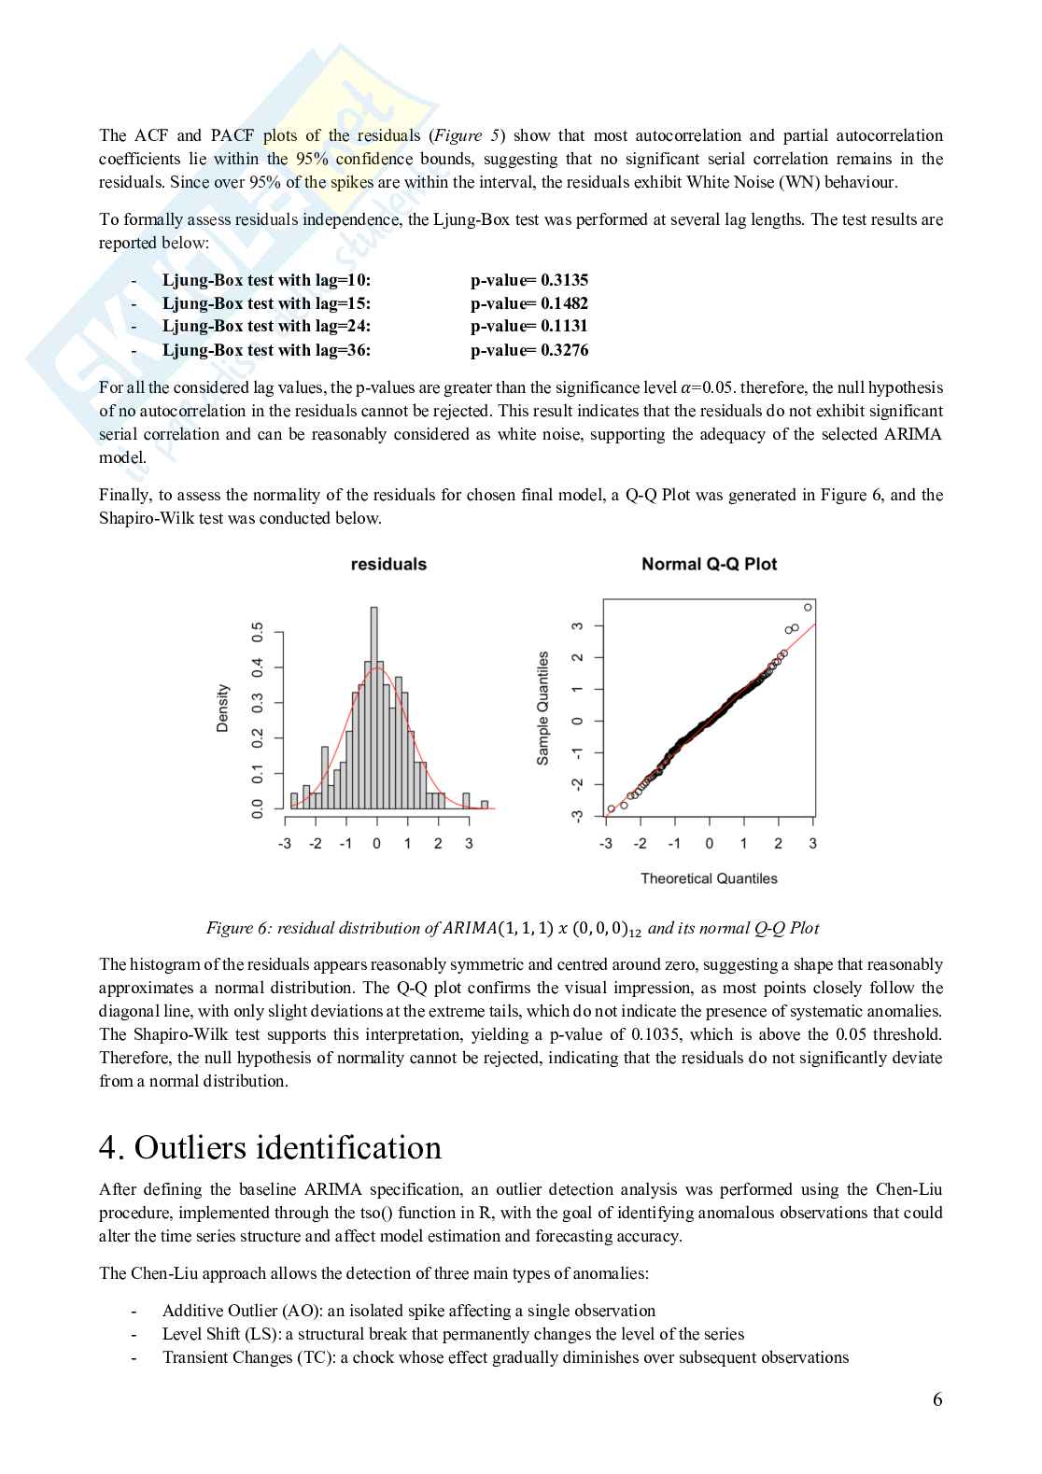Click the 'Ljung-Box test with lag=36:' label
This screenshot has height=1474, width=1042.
(x=266, y=350)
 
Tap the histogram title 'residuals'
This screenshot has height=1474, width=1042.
(x=388, y=564)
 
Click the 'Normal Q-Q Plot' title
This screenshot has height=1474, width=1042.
(x=709, y=564)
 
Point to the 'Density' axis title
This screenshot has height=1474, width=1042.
(x=222, y=708)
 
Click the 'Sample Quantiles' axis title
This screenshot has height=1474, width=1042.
(x=542, y=709)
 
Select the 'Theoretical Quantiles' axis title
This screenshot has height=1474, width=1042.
(x=709, y=878)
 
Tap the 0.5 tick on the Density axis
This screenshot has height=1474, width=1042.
(x=258, y=632)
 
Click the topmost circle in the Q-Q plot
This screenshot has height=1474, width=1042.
(x=808, y=607)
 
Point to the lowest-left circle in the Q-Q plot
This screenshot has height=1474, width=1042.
(x=612, y=809)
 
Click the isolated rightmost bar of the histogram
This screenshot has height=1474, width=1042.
(x=485, y=804)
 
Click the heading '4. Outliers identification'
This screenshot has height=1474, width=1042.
(x=270, y=1147)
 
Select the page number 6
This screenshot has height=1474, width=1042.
(x=936, y=1399)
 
